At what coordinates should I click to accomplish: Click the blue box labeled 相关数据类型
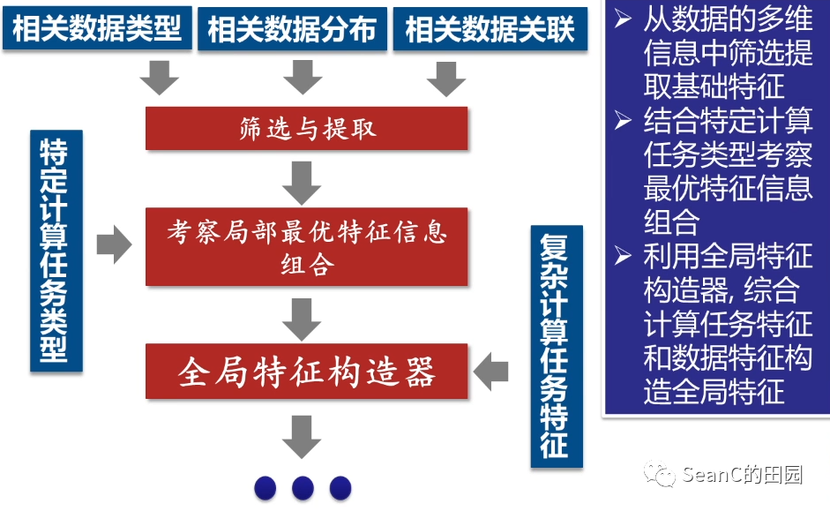pyautogui.click(x=97, y=28)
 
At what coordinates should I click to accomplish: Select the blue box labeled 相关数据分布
pyautogui.click(x=292, y=28)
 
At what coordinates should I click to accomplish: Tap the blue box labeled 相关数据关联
pyautogui.click(x=490, y=28)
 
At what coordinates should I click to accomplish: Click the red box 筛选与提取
pyautogui.click(x=306, y=129)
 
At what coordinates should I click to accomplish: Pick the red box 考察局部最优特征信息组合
pyautogui.click(x=306, y=247)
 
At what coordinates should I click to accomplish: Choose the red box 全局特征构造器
pyautogui.click(x=306, y=372)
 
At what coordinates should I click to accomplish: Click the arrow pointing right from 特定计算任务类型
pyautogui.click(x=113, y=244)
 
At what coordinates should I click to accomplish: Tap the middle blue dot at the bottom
pyautogui.click(x=303, y=487)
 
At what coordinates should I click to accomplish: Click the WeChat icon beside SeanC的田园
pyautogui.click(x=659, y=475)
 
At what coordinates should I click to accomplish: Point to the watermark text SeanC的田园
pyautogui.click(x=742, y=475)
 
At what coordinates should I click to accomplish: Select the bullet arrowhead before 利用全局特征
pyautogui.click(x=624, y=257)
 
